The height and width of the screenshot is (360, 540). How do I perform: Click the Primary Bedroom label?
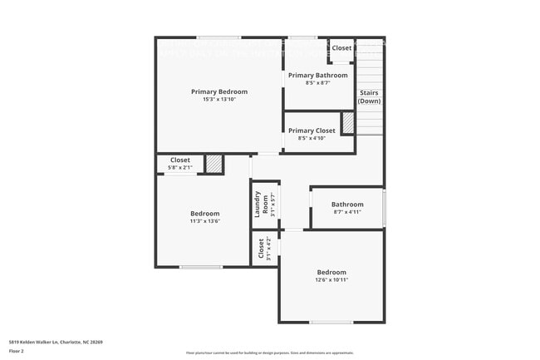tap(219, 91)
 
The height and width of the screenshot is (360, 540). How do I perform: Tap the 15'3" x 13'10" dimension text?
tap(219, 100)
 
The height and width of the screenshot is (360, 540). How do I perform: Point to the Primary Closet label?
tap(312, 131)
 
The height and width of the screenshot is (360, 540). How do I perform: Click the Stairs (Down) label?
tap(370, 96)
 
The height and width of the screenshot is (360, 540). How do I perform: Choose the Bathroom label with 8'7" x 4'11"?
tap(347, 205)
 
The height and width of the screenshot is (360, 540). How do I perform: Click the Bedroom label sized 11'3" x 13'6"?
tap(205, 214)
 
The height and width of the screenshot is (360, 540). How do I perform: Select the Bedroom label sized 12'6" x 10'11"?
tap(331, 272)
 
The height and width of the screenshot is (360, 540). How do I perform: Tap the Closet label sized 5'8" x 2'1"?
tap(180, 160)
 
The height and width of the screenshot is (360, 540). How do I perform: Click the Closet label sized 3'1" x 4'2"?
tap(261, 247)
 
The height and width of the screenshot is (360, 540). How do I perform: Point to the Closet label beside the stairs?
tap(341, 48)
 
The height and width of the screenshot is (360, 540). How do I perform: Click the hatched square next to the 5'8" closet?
tap(214, 164)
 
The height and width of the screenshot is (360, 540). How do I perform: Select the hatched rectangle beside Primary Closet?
tap(348, 123)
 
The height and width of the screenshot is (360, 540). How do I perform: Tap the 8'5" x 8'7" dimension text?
tap(318, 83)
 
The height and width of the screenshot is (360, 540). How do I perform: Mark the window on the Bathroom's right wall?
tap(384, 207)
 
